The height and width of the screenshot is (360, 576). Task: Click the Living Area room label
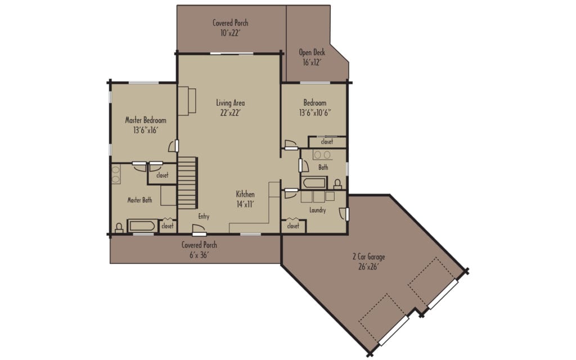[x=230, y=103]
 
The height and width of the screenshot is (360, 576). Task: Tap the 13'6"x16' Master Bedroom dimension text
[x=146, y=130]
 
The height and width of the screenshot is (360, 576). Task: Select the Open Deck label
[x=312, y=53]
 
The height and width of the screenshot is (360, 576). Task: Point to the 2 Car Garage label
[x=368, y=257]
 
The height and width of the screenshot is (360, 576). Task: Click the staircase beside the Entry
[x=187, y=182]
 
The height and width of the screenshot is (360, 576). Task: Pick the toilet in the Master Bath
[x=119, y=228]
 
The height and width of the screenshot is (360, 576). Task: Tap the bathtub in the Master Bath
[x=142, y=226]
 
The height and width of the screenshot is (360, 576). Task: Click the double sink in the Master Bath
[x=116, y=174]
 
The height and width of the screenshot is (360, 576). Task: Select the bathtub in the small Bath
[x=314, y=183]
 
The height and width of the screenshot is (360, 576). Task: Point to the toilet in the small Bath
[x=337, y=184]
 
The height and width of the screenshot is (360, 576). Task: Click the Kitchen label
[x=245, y=195]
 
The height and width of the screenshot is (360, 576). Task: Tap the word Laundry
[x=317, y=210]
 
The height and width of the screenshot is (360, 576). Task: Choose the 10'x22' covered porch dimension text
[x=230, y=33]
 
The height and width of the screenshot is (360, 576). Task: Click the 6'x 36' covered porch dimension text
[x=199, y=255]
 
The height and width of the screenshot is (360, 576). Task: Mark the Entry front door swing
[x=198, y=229]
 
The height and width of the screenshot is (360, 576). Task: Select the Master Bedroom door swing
[x=173, y=146]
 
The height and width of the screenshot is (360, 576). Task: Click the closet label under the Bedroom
[x=327, y=142]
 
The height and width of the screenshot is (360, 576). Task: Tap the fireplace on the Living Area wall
[x=187, y=101]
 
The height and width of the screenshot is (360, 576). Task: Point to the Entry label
[x=204, y=216]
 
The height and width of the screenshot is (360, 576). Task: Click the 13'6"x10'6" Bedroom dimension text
[x=314, y=112]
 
